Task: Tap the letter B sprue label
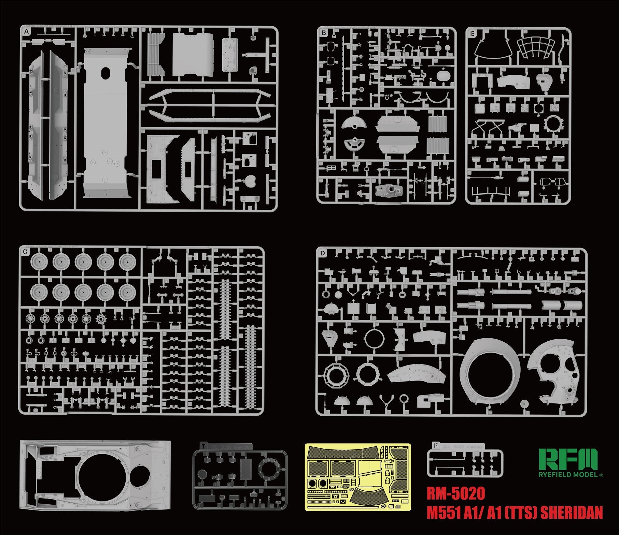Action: pos(323,33)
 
